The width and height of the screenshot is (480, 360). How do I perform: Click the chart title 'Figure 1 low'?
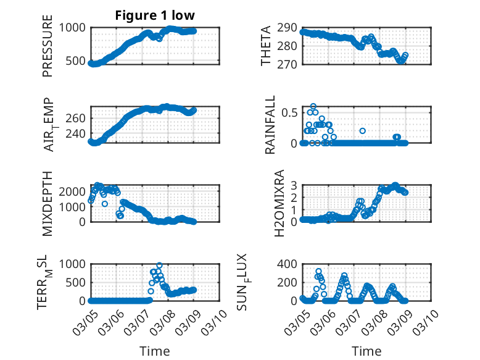point(155,15)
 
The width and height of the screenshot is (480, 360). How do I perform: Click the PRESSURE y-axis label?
point(48,46)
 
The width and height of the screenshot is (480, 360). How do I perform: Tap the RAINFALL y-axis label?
point(270,125)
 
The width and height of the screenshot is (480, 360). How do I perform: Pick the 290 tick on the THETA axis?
point(288,28)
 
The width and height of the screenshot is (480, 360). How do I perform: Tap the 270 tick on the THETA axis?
point(288,64)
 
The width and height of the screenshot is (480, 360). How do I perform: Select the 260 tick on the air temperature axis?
point(78,118)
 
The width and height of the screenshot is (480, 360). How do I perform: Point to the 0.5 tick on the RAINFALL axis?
point(288,112)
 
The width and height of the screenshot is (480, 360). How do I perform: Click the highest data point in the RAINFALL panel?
point(313,107)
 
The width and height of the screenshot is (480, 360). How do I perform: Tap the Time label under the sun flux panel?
point(366,351)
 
